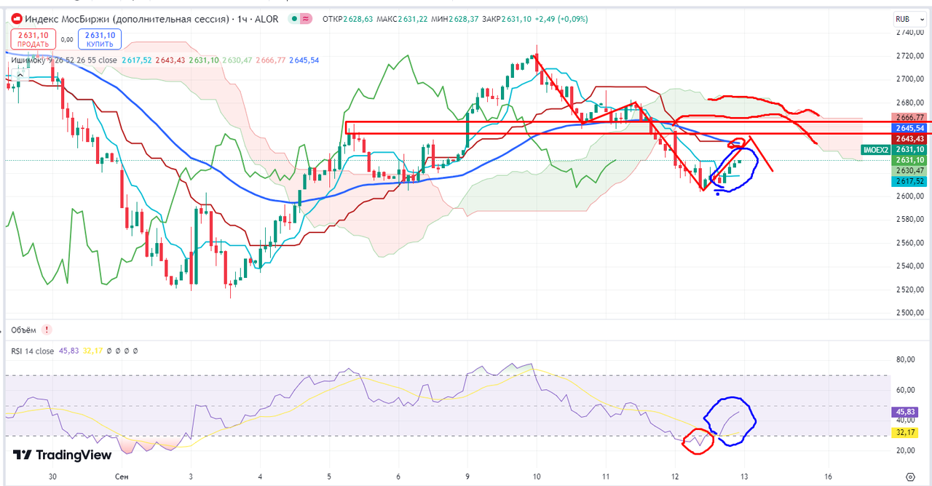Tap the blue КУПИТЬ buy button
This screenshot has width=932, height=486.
pos(100,39)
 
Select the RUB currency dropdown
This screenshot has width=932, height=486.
pos(903,20)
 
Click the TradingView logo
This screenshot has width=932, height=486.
pos(63,455)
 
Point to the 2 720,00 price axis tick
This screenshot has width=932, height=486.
pos(909,55)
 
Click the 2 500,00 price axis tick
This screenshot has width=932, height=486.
pos(909,313)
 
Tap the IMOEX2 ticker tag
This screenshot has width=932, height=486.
pos(875,149)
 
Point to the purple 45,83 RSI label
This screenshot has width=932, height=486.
pos(904,412)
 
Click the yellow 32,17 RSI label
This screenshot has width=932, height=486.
pos(904,432)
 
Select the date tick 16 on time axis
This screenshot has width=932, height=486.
pos(829,477)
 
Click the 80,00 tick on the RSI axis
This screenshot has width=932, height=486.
pos(904,359)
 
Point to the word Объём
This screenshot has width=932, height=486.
pos(23,330)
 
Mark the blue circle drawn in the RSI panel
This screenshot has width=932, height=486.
pos(730,421)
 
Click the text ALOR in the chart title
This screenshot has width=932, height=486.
pos(266,19)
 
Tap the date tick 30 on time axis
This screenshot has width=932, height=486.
pos(52,477)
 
